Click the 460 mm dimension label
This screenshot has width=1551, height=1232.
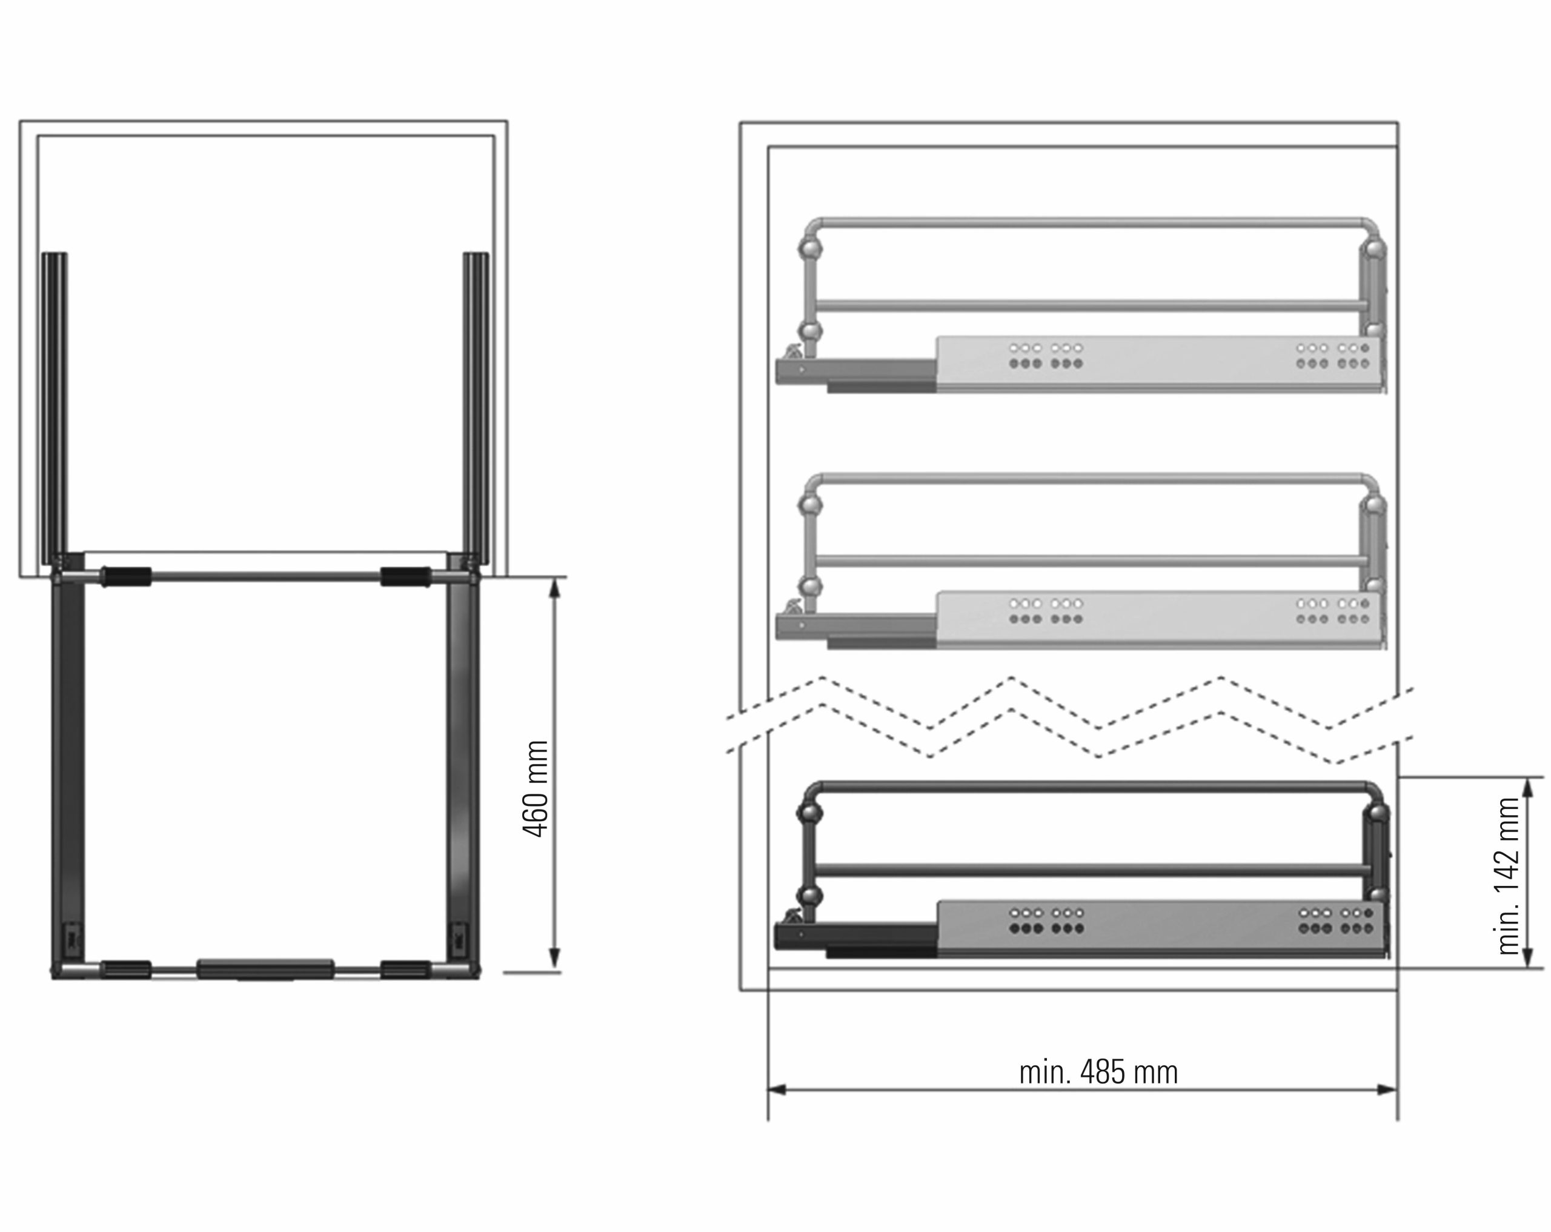(x=534, y=789)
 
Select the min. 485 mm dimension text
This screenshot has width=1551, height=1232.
(x=1098, y=1072)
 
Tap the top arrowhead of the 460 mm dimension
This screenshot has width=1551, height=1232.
(x=554, y=588)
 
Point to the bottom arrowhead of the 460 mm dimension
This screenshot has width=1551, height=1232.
(x=554, y=959)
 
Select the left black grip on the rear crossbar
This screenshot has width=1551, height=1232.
(x=125, y=576)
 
